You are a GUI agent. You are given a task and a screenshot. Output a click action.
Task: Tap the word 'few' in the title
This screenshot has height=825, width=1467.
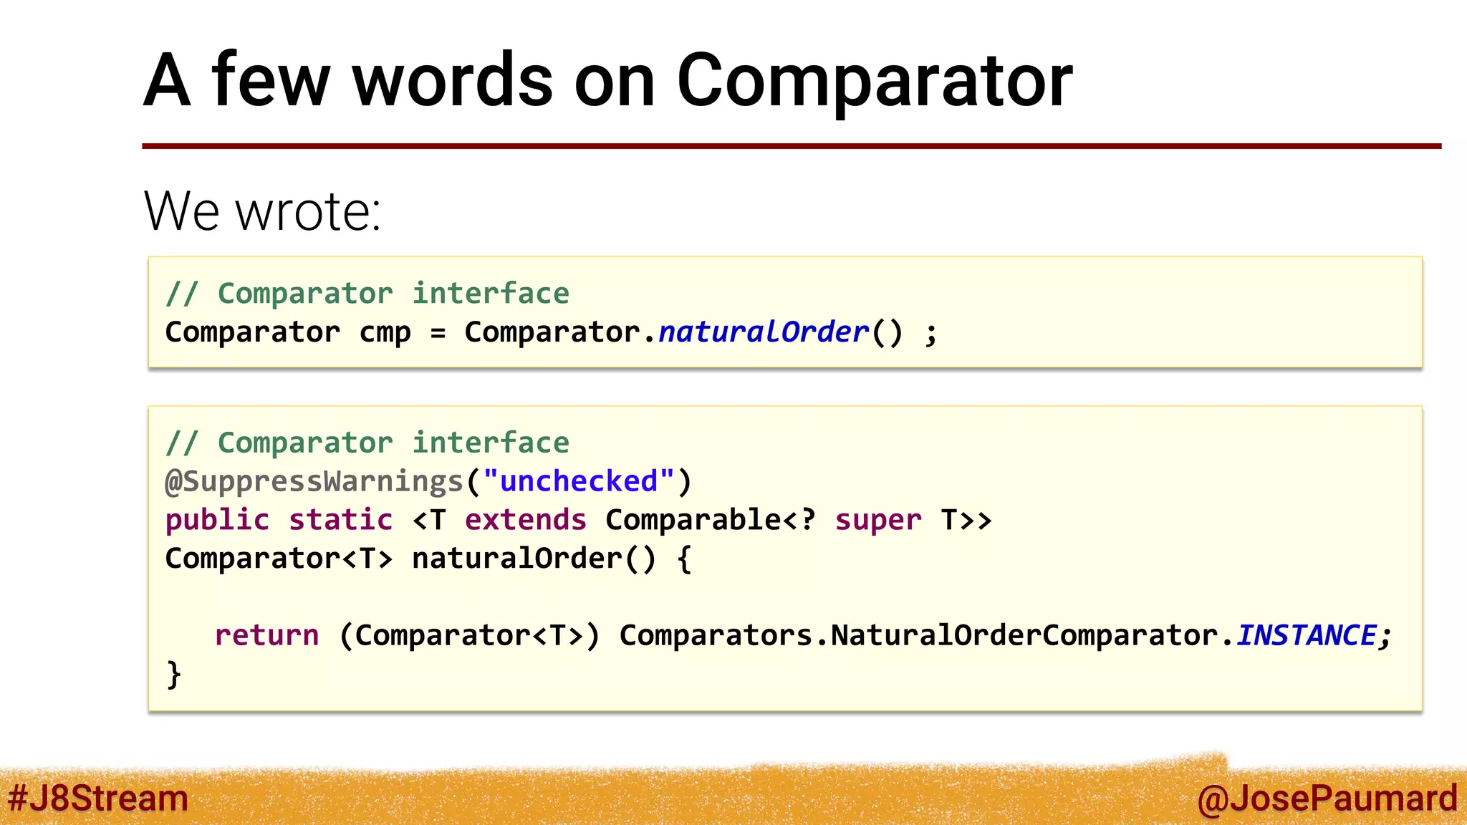270,80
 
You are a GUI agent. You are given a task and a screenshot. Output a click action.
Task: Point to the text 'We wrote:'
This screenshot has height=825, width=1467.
262,211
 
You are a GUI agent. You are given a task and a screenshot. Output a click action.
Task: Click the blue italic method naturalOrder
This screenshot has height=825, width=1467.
764,332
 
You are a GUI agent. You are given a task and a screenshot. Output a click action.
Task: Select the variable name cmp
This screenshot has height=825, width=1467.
385,333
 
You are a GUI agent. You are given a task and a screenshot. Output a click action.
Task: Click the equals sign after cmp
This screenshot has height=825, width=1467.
438,333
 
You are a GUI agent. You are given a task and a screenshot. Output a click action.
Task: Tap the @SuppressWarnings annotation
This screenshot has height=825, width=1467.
314,481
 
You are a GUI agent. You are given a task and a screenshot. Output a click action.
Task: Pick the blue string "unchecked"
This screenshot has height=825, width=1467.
579,481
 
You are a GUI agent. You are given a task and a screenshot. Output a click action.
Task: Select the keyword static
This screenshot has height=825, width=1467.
341,520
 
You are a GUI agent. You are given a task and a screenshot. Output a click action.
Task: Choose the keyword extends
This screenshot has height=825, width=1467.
526,520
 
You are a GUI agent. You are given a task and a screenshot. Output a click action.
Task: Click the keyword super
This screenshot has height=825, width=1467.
878,520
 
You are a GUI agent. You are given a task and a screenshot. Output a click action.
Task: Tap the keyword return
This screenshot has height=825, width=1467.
266,635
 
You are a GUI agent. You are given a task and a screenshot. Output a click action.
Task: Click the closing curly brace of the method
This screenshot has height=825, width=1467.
173,674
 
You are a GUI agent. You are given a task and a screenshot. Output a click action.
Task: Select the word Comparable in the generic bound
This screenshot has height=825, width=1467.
693,520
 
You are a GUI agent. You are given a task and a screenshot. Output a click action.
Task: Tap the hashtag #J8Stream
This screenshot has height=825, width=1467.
98,799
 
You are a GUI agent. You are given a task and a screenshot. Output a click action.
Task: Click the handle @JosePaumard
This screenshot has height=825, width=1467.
1327,799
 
